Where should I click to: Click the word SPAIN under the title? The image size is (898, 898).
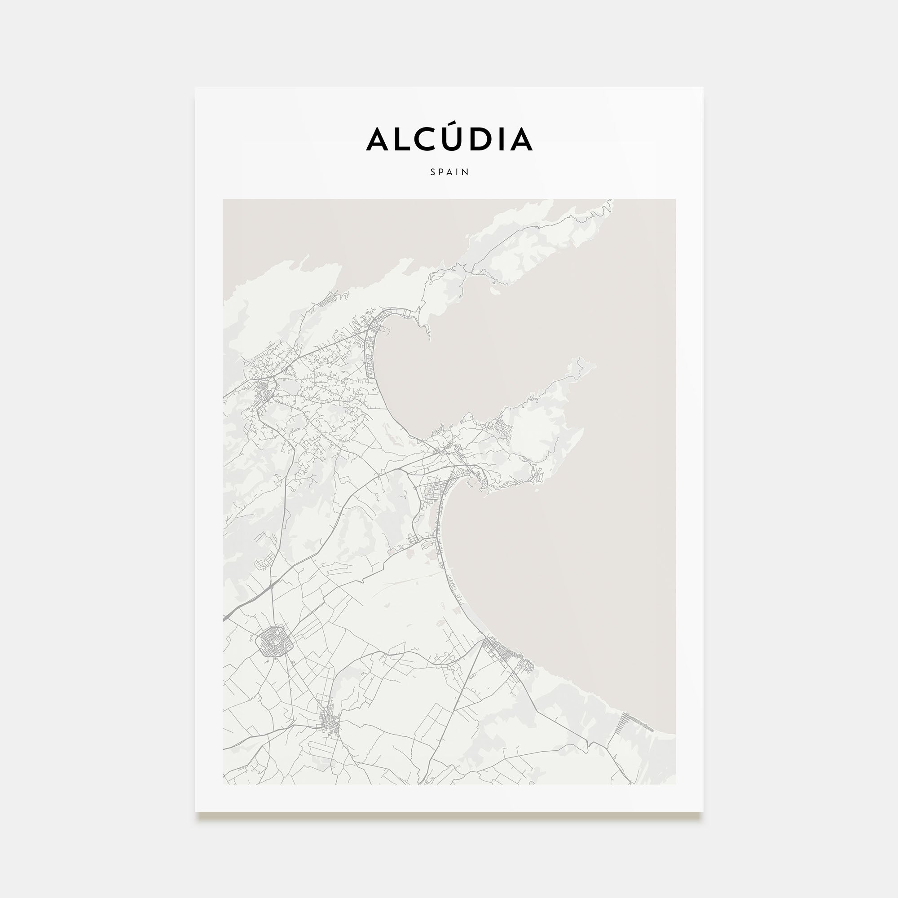coord(449,172)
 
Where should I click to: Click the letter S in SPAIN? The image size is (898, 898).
coord(433,172)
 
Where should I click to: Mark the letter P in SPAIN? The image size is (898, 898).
coord(441,172)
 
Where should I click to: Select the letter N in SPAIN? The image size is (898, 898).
coord(466,172)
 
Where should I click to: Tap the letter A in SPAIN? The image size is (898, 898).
coord(450,172)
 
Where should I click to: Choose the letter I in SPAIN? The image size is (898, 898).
coord(458,172)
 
